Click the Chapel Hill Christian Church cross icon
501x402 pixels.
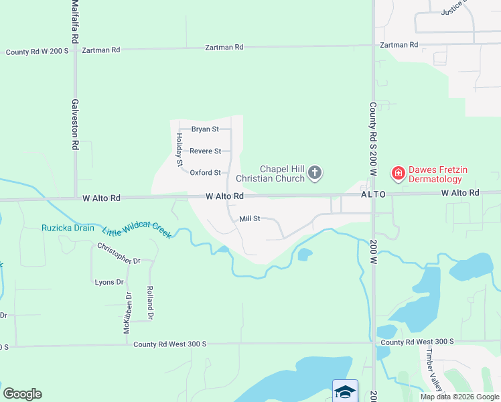(314, 174)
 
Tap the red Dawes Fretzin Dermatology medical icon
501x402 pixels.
(398, 174)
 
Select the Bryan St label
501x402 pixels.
(205, 129)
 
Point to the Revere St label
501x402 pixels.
(205, 151)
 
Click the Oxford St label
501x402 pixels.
(205, 173)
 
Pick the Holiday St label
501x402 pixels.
(180, 149)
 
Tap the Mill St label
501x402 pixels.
(249, 219)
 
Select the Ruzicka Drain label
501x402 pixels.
(68, 228)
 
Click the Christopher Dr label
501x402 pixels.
(119, 254)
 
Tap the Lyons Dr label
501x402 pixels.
(109, 282)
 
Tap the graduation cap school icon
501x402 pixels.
(345, 391)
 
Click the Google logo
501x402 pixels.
(22, 394)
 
